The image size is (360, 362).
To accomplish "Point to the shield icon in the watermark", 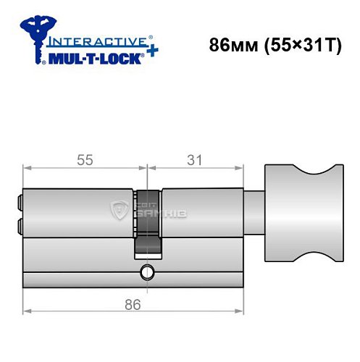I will pyautogui.click(x=120, y=211).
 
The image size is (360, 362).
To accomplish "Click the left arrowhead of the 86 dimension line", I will pyautogui.click(x=27, y=311).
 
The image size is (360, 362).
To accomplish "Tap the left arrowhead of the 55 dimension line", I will pyautogui.click(x=27, y=169).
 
